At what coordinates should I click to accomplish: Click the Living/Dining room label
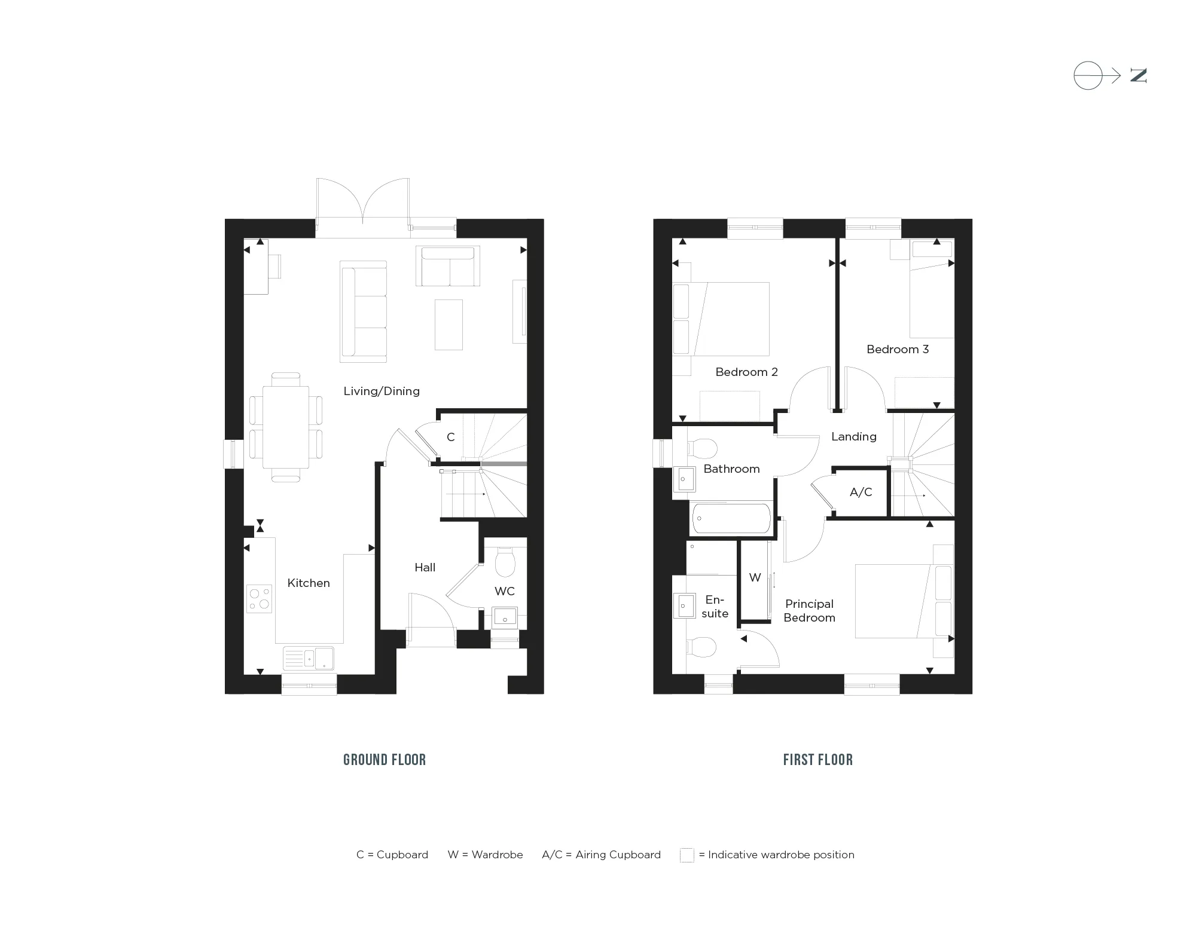tap(382, 391)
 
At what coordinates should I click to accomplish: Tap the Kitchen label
tap(309, 583)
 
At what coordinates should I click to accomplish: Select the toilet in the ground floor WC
tap(505, 561)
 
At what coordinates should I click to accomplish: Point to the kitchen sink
tap(309, 658)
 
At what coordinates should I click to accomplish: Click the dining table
tap(286, 427)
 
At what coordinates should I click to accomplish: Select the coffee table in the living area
tap(448, 325)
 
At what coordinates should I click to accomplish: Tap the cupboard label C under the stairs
tap(451, 438)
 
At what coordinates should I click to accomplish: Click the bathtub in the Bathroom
tap(731, 518)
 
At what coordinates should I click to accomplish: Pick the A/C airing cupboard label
tap(861, 492)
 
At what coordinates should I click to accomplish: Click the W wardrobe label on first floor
tap(755, 578)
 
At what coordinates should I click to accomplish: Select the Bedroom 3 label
tap(898, 350)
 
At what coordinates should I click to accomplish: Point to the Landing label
tap(854, 437)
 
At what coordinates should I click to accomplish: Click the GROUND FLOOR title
tap(385, 760)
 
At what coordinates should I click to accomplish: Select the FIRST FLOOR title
tap(818, 760)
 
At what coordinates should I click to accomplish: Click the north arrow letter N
tap(1138, 76)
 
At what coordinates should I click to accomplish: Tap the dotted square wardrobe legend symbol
tap(687, 855)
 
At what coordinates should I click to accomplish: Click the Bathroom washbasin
tap(685, 479)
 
